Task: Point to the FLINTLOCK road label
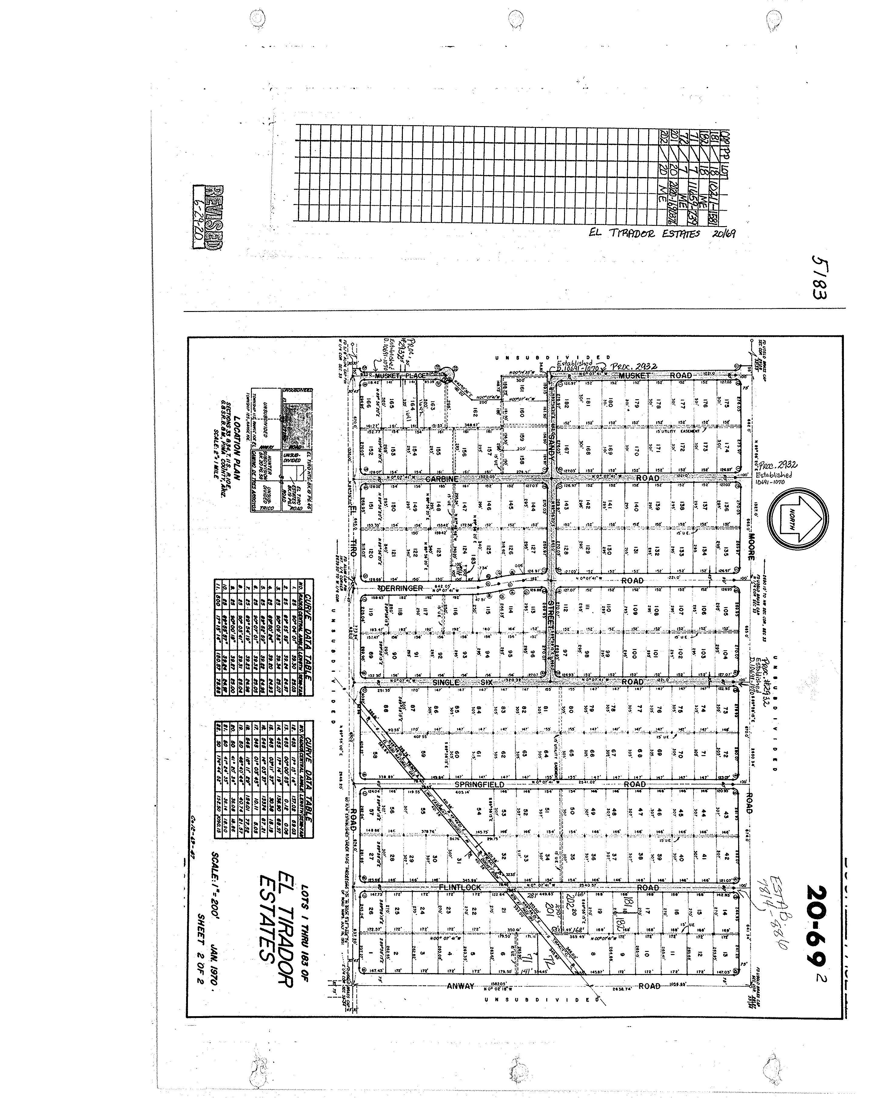pyautogui.click(x=460, y=887)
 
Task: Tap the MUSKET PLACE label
pyautogui.click(x=400, y=375)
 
